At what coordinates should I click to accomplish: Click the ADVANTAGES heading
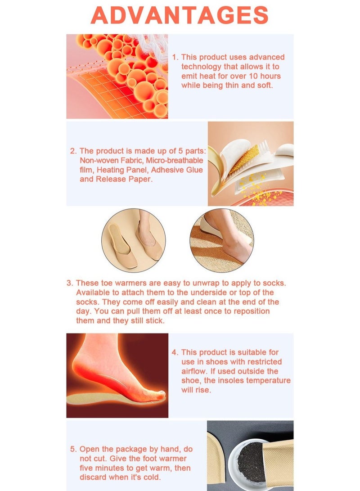click(x=180, y=16)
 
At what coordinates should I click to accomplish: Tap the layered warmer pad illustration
click(x=251, y=164)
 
